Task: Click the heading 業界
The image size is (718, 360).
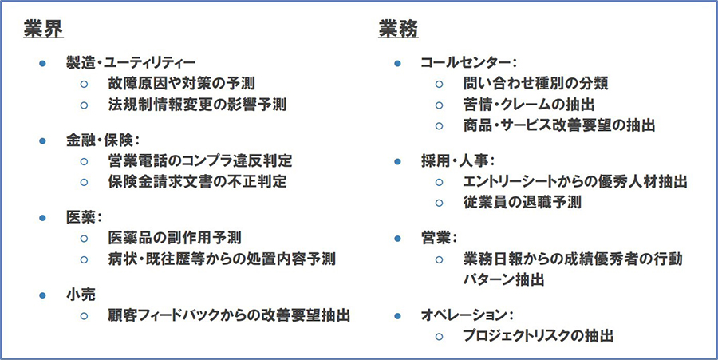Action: pos(43,28)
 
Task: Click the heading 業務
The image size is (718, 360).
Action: pos(397,28)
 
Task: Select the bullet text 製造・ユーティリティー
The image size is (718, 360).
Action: pos(130,63)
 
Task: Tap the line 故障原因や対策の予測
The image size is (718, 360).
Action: pos(182,83)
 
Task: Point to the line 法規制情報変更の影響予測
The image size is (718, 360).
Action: pos(196,104)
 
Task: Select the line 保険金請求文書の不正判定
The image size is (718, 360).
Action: pos(196,181)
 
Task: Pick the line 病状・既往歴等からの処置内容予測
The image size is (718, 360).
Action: pos(221,259)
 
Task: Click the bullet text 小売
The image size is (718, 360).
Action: pos(82,295)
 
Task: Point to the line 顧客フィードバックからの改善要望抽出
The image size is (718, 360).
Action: pos(229,315)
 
